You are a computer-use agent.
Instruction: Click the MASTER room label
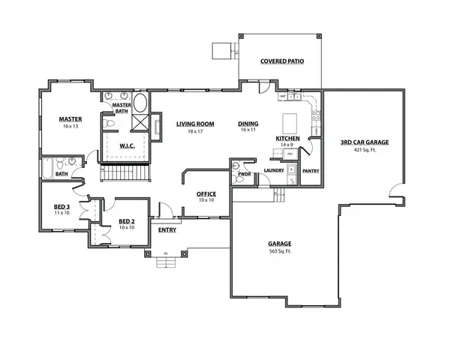tap(71, 118)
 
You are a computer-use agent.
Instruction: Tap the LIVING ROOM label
tap(196, 124)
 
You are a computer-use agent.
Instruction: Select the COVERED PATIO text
tap(282, 61)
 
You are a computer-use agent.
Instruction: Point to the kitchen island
tap(290, 123)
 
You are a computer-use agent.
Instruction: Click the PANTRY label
tap(311, 170)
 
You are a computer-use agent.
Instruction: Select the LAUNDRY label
tap(274, 170)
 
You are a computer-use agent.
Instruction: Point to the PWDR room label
tap(243, 173)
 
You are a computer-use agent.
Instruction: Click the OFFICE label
tap(206, 193)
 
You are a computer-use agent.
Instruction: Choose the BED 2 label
tap(127, 220)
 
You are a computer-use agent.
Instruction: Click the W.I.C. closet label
tap(126, 146)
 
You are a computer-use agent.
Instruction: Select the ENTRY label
tap(167, 229)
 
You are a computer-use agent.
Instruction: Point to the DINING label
tap(248, 124)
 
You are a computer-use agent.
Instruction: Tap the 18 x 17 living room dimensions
tap(196, 131)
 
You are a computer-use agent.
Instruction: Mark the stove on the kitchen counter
tap(317, 115)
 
